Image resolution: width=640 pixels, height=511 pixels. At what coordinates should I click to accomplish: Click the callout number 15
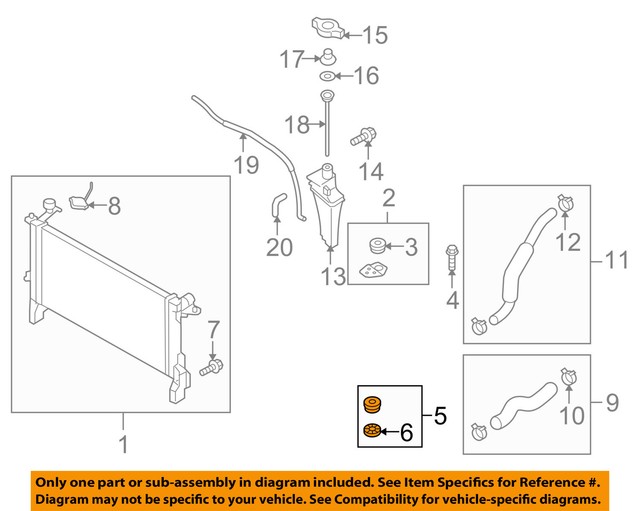point(374,36)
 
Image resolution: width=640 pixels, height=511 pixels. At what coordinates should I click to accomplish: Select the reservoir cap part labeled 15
point(328,27)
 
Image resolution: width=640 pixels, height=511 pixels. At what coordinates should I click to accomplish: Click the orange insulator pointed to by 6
point(369,431)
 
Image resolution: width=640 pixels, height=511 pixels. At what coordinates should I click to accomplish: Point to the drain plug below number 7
point(211,369)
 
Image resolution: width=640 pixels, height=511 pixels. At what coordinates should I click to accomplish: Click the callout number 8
point(113,206)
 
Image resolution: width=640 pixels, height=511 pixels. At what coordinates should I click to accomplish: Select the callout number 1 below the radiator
point(122,442)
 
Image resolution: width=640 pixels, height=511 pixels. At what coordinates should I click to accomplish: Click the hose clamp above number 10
point(568,376)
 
